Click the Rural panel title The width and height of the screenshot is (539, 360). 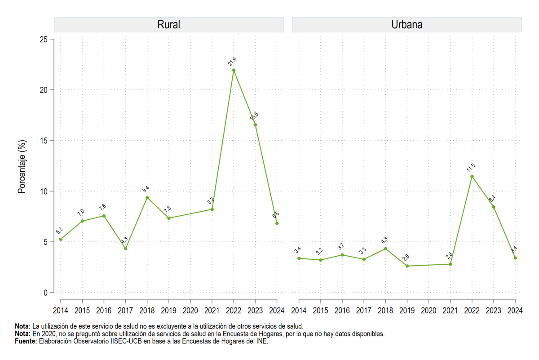(169, 25)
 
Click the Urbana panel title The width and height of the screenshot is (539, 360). (407, 25)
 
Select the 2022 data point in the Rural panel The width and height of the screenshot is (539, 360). (234, 70)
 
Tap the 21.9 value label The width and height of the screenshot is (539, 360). (233, 62)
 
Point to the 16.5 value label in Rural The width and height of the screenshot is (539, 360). (254, 116)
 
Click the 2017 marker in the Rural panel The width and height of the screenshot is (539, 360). (126, 249)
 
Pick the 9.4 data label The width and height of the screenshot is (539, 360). (146, 189)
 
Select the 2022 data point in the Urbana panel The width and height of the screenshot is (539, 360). (472, 177)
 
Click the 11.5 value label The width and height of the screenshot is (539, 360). (471, 168)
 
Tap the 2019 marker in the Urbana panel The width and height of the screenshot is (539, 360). (407, 266)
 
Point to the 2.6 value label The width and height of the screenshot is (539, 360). (406, 258)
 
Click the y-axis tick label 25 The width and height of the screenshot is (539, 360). (44, 40)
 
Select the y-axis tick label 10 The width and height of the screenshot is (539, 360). (44, 191)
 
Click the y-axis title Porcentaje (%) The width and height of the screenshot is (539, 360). (22, 167)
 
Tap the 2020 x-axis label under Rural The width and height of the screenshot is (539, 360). (190, 311)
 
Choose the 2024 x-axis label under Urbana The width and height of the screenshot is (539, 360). (515, 311)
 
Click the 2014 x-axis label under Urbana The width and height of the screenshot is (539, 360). (299, 311)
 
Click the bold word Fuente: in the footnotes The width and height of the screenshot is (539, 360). (26, 341)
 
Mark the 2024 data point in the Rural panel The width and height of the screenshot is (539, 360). (277, 223)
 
